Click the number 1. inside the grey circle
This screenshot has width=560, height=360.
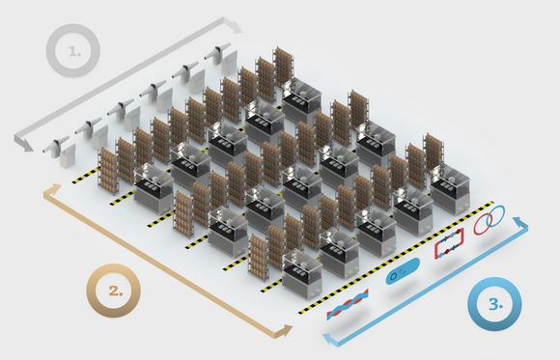(x=74, y=52)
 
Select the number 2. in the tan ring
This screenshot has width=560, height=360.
(x=116, y=291)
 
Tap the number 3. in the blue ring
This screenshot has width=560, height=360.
(x=495, y=304)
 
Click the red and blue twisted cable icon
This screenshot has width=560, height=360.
(x=348, y=305)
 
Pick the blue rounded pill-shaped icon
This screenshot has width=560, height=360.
(x=403, y=271)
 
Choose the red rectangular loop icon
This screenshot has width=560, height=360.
(x=449, y=243)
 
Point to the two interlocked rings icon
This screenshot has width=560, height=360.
(x=490, y=220)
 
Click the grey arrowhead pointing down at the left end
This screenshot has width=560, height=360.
(x=23, y=143)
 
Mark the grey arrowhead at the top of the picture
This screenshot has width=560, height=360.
(x=234, y=25)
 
